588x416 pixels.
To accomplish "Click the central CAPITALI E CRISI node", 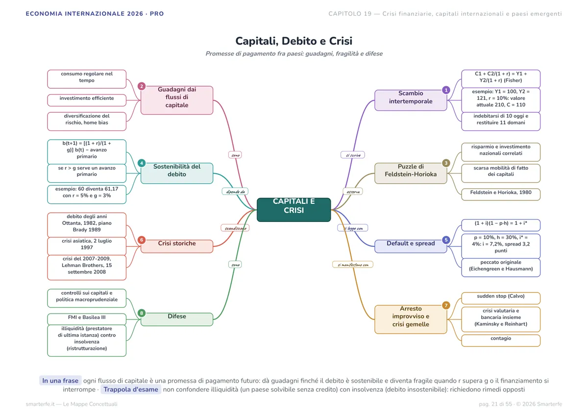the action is [x=294, y=210].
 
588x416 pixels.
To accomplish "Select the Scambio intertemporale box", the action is [x=411, y=100].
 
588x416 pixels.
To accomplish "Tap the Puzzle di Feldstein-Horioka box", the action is [x=411, y=173].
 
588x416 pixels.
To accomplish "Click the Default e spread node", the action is [x=411, y=246].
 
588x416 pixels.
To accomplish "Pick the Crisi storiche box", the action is [x=177, y=246].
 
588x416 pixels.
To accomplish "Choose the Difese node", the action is [x=177, y=319].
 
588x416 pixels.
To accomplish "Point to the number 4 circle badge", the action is [x=142, y=163].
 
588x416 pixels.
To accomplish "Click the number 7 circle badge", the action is [x=446, y=305].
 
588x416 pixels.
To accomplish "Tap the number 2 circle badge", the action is [x=142, y=86].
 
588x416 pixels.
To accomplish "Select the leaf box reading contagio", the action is [x=501, y=341].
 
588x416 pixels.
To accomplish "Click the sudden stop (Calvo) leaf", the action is [x=501, y=298].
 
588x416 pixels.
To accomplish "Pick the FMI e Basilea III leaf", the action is [x=87, y=319].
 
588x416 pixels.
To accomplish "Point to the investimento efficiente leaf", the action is [x=87, y=100].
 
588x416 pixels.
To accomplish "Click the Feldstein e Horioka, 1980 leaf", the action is [x=501, y=194].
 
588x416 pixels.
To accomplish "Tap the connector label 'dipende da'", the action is [x=235, y=192].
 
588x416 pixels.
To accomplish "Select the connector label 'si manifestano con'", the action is [x=353, y=265].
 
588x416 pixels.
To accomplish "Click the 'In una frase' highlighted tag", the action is [x=60, y=381].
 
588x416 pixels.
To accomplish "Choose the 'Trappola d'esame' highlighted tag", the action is [x=131, y=389].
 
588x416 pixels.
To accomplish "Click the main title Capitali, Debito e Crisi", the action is [x=294, y=41].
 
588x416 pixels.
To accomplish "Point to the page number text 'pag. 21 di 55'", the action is [x=495, y=404].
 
